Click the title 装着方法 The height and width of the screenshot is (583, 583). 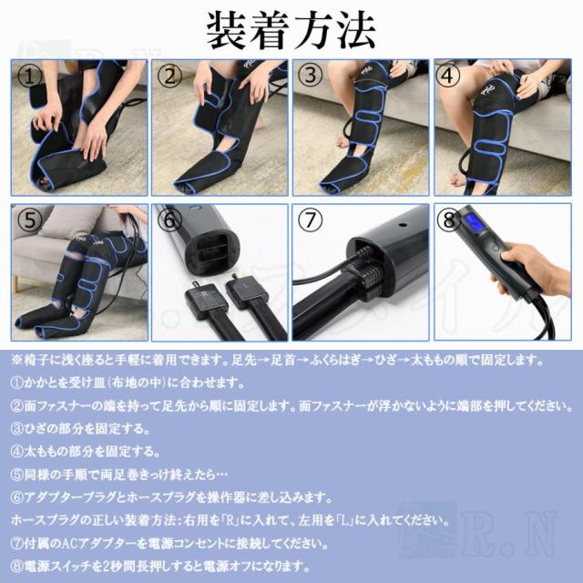[291, 31]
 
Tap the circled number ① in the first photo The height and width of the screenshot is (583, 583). [29, 77]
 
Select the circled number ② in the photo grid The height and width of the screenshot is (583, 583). [169, 77]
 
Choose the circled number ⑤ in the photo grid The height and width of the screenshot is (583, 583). [30, 220]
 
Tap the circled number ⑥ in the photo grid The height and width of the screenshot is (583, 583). [169, 220]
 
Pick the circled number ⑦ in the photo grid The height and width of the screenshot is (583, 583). [311, 220]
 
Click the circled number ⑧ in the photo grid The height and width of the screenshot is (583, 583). [448, 220]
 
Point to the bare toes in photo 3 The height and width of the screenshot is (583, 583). [343, 142]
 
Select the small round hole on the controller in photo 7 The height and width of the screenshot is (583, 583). [402, 226]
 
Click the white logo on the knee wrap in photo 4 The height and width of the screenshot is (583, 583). [488, 89]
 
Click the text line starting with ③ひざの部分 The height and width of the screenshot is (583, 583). [80, 429]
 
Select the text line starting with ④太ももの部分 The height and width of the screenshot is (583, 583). [86, 452]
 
